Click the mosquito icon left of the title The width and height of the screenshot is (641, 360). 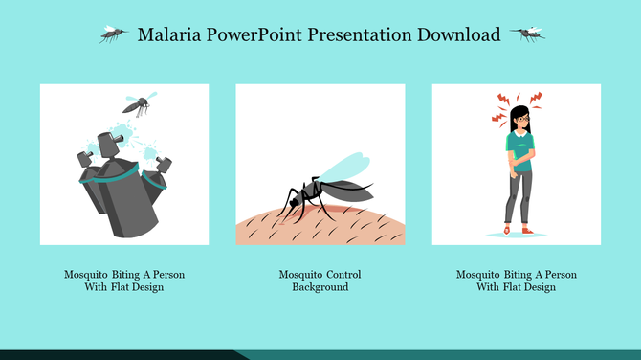[x=114, y=34]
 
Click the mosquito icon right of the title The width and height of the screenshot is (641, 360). [x=527, y=34]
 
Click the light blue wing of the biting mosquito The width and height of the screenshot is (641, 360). [x=342, y=165]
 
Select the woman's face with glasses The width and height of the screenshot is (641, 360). [x=519, y=121]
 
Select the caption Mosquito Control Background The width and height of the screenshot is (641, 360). [x=320, y=281]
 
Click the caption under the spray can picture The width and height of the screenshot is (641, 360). [x=124, y=281]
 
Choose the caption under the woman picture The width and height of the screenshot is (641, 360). [x=516, y=281]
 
